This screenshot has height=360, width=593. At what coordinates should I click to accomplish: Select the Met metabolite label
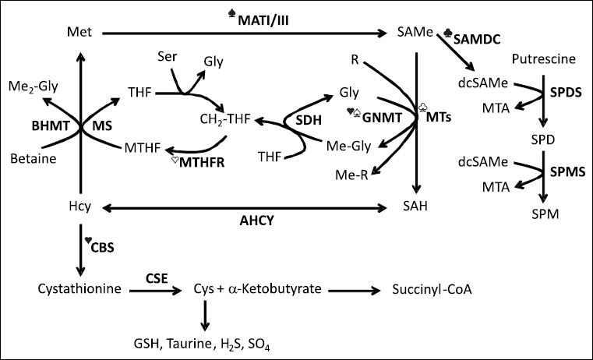(76, 33)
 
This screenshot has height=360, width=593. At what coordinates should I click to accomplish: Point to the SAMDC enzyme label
(482, 37)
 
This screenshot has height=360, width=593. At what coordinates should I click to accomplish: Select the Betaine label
(34, 159)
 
